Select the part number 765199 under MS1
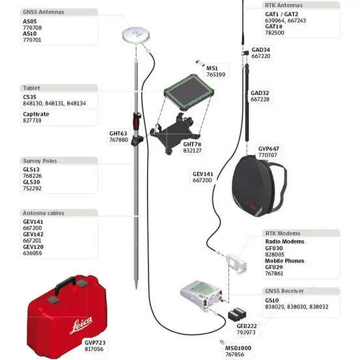215,75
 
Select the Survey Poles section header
40,160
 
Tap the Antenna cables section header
43,212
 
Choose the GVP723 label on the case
94,341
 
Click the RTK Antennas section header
285,5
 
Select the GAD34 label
260,49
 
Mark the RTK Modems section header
283,232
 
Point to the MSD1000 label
238,348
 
